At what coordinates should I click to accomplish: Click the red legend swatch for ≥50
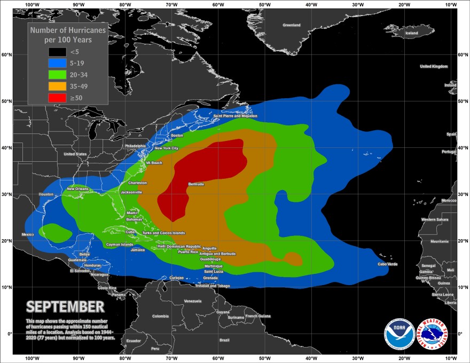pyautogui.click(x=57, y=98)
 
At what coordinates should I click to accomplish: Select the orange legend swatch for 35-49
pyautogui.click(x=57, y=86)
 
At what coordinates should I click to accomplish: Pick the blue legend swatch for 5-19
pyautogui.click(x=57, y=63)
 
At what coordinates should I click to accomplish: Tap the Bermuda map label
pyautogui.click(x=196, y=184)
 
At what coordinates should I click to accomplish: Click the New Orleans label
pyautogui.click(x=77, y=189)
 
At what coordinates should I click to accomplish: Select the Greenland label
pyautogui.click(x=292, y=25)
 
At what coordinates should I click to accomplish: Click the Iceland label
pyautogui.click(x=412, y=33)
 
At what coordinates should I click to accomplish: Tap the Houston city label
pyautogui.click(x=46, y=194)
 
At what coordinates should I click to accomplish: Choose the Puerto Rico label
pyautogui.click(x=188, y=251)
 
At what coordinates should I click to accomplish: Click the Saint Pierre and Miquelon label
pyautogui.click(x=235, y=116)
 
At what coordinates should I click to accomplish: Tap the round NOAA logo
pyautogui.click(x=399, y=334)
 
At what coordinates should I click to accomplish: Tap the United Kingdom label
pyautogui.click(x=434, y=66)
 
